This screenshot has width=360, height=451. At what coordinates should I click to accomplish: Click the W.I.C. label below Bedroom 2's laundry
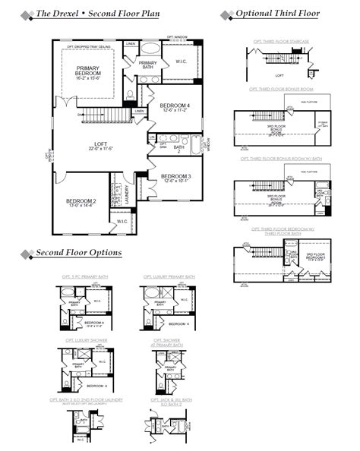[122, 221]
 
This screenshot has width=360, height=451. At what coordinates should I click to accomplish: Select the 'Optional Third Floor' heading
[277, 14]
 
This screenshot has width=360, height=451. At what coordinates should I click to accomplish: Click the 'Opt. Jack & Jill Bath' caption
[169, 399]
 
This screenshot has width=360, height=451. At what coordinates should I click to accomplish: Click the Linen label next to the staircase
[139, 112]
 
